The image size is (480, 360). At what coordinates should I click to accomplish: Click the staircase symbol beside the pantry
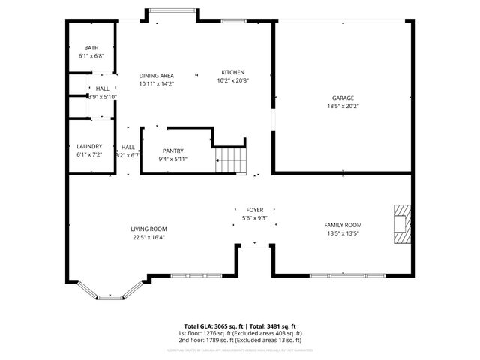(230, 160)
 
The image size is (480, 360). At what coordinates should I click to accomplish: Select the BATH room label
(91, 47)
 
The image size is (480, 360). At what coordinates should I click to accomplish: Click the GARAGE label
(343, 97)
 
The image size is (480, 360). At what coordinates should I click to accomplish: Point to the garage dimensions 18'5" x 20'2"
(343, 106)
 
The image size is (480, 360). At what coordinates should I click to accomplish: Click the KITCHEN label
(232, 72)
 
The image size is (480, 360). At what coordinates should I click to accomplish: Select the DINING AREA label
(157, 75)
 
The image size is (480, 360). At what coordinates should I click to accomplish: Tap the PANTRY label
(172, 151)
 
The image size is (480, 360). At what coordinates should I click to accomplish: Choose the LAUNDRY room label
(89, 146)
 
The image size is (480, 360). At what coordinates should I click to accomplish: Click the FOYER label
(254, 210)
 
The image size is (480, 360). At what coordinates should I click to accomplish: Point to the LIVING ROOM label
(148, 229)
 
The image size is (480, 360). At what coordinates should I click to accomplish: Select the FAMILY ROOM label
(343, 225)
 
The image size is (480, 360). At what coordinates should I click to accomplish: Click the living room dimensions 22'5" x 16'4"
(148, 238)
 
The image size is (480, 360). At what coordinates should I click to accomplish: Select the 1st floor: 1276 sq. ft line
(240, 333)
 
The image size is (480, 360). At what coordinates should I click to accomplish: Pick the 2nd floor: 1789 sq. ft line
(240, 340)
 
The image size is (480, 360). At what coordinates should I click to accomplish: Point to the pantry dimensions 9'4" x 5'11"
(172, 159)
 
